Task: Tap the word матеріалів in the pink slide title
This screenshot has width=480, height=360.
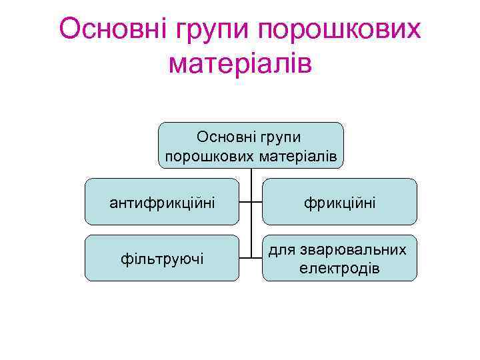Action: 241,64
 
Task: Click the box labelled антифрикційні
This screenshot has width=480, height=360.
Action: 162,201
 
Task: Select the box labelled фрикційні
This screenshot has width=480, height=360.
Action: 339,201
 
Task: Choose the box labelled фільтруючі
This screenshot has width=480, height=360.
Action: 162,257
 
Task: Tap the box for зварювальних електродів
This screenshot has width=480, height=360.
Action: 339,257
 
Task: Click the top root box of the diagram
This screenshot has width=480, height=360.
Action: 251,145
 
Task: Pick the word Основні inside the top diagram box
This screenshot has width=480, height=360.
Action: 221,137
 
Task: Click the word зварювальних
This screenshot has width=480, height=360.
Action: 356,249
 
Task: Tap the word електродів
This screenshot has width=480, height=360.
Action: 340,268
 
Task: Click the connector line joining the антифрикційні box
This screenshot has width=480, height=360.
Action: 245,201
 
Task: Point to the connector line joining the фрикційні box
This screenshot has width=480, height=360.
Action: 257,201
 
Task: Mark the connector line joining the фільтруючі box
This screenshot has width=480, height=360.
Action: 245,257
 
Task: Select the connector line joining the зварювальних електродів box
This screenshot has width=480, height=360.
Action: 257,257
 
